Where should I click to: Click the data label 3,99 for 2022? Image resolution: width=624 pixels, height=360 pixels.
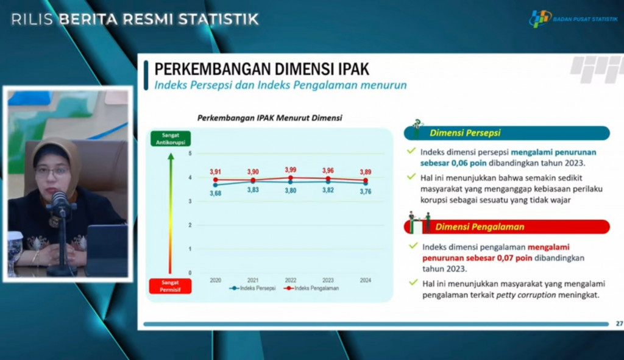291,170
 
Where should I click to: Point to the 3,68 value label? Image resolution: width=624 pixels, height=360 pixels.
215,193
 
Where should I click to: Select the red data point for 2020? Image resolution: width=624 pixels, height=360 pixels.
215,180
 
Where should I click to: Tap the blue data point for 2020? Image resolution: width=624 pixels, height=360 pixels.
215,185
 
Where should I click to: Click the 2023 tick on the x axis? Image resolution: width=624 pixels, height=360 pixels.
328,280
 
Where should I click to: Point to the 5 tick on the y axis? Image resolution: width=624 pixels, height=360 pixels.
190,154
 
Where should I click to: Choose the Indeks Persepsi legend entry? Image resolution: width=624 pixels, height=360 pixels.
252,288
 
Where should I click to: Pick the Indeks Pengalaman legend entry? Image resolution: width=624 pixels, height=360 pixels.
311,288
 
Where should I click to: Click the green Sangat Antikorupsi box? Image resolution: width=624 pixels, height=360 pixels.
171,138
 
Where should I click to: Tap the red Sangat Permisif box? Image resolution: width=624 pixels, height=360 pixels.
171,286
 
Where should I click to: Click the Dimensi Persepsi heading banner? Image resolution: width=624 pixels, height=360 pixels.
506,133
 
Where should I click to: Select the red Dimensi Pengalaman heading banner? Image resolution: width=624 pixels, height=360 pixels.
506,227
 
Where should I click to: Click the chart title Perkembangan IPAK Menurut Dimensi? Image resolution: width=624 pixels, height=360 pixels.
270,118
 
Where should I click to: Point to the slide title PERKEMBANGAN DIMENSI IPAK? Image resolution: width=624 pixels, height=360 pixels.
262,69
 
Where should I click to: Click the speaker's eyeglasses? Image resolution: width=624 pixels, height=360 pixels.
52,171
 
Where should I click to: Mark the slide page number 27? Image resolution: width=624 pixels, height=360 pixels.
619,323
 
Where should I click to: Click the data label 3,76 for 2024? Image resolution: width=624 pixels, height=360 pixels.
366,192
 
